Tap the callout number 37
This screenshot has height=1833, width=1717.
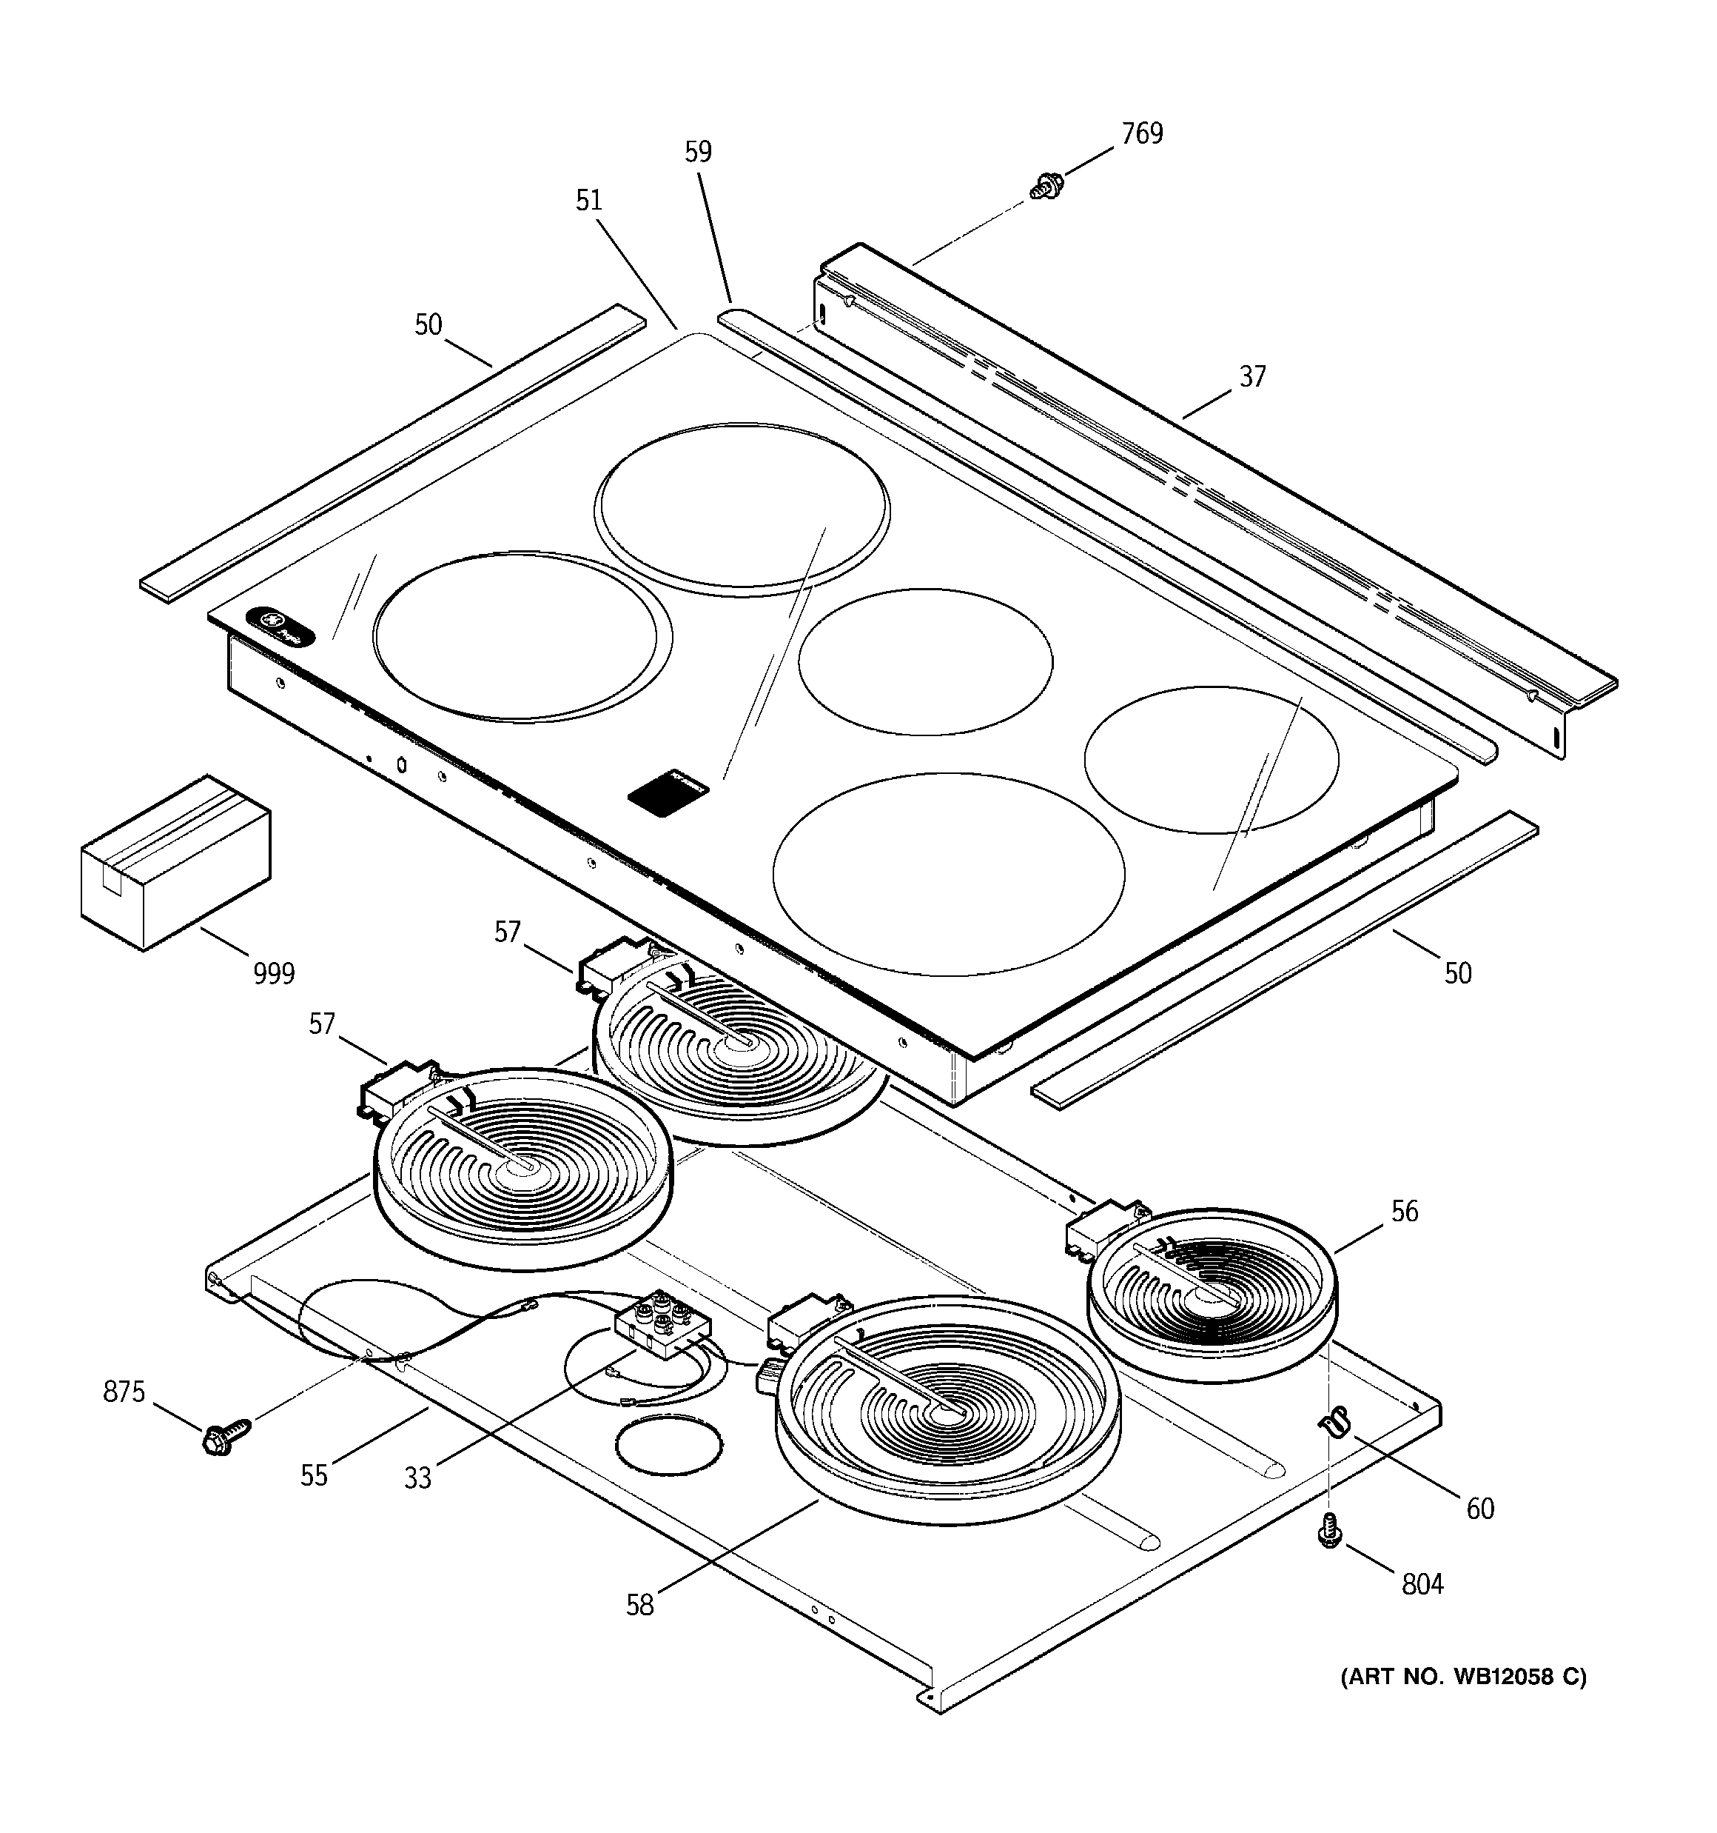tap(1252, 376)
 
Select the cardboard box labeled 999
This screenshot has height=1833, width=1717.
tap(175, 862)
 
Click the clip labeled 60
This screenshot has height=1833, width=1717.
tap(1333, 1423)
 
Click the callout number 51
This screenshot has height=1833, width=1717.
tap(589, 200)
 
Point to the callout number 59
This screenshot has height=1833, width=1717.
tap(698, 152)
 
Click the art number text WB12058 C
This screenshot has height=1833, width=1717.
tap(1465, 1676)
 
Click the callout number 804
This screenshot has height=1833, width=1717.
tap(1422, 1585)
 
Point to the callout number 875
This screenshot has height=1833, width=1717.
tap(124, 1392)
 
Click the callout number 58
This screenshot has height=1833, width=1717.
tap(639, 1605)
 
